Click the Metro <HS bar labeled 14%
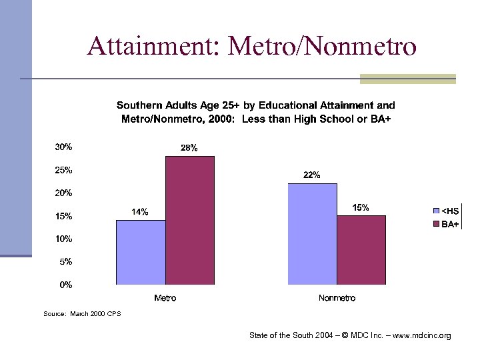[141, 252]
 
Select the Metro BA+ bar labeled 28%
[190, 220]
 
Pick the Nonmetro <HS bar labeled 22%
[312, 234]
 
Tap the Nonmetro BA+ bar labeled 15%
[361, 250]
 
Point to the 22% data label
[312, 175]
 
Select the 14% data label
[140, 212]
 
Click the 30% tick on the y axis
[64, 147]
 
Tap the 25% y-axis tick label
[64, 170]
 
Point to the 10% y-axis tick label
[64, 239]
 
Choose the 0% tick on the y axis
[66, 285]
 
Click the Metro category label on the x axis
[165, 298]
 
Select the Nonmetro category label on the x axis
[337, 298]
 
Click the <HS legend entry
[446, 211]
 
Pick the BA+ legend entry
[446, 225]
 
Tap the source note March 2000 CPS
[82, 313]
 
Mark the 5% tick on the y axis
[66, 262]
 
